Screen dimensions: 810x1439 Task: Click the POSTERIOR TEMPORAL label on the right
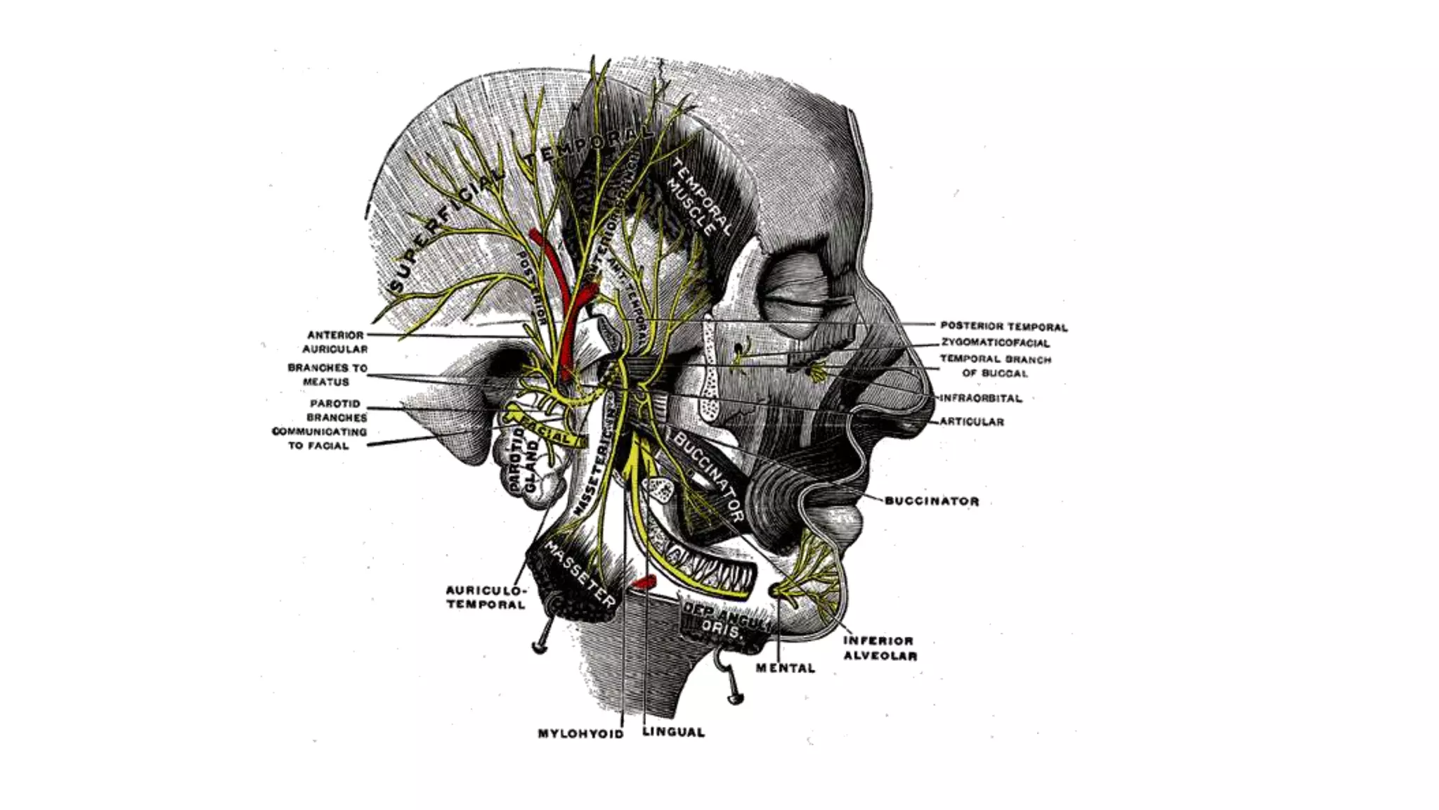click(1003, 327)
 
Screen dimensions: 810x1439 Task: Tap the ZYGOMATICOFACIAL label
click(996, 343)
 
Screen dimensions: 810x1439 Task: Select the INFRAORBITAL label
click(981, 398)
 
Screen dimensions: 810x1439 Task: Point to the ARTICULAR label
click(972, 422)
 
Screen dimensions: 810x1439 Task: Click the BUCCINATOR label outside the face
click(932, 501)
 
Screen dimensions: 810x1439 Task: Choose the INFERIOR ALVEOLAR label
click(880, 648)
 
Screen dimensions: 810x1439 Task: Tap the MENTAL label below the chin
click(786, 668)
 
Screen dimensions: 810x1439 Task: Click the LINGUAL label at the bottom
click(673, 732)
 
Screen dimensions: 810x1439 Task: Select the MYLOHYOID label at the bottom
click(580, 733)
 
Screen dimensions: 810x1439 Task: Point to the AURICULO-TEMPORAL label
click(486, 597)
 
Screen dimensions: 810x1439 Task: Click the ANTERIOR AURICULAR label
click(335, 342)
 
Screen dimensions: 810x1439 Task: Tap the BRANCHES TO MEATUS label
click(327, 375)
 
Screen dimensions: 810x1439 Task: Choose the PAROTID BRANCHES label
click(336, 411)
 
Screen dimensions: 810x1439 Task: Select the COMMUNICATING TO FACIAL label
click(319, 439)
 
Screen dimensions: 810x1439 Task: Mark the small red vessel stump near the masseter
click(643, 582)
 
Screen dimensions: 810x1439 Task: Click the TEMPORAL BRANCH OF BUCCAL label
click(995, 366)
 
